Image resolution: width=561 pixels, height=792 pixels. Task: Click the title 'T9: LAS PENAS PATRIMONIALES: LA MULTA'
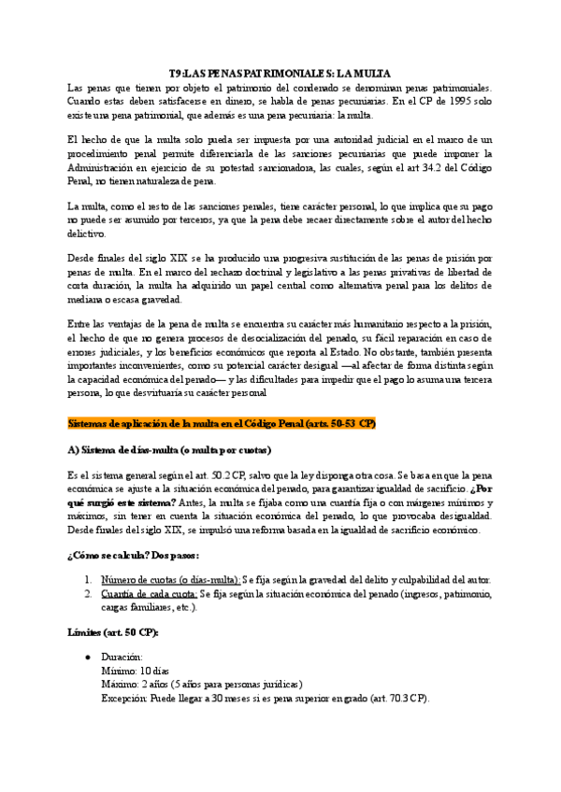[280, 73]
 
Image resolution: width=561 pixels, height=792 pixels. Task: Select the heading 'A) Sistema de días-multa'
[169, 450]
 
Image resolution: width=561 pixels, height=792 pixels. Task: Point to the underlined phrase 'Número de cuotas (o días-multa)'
[170, 579]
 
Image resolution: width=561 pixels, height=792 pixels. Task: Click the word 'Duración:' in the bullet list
[122, 657]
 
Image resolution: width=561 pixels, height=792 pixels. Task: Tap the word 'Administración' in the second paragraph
[104, 167]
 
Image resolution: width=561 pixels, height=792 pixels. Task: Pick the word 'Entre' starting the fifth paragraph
[81, 322]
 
